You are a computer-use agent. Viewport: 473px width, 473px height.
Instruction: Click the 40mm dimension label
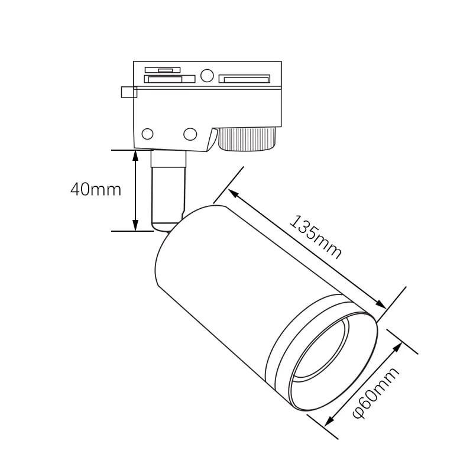pyautogui.click(x=95, y=189)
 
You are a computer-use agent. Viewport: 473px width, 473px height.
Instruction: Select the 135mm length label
pyautogui.click(x=316, y=237)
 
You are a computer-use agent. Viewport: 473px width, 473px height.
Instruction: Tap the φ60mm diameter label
pyautogui.click(x=375, y=392)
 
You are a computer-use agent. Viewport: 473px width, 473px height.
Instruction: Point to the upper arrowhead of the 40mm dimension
pyautogui.click(x=135, y=155)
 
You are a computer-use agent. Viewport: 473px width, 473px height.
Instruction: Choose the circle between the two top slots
pyautogui.click(x=206, y=76)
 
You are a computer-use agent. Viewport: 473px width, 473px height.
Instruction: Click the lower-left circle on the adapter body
pyautogui.click(x=148, y=134)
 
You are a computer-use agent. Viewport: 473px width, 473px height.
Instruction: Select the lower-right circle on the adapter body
pyautogui.click(x=190, y=134)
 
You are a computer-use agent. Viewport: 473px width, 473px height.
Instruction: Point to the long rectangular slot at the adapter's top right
pyautogui.click(x=244, y=79)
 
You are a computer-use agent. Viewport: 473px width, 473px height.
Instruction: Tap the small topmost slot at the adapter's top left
pyautogui.click(x=163, y=70)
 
